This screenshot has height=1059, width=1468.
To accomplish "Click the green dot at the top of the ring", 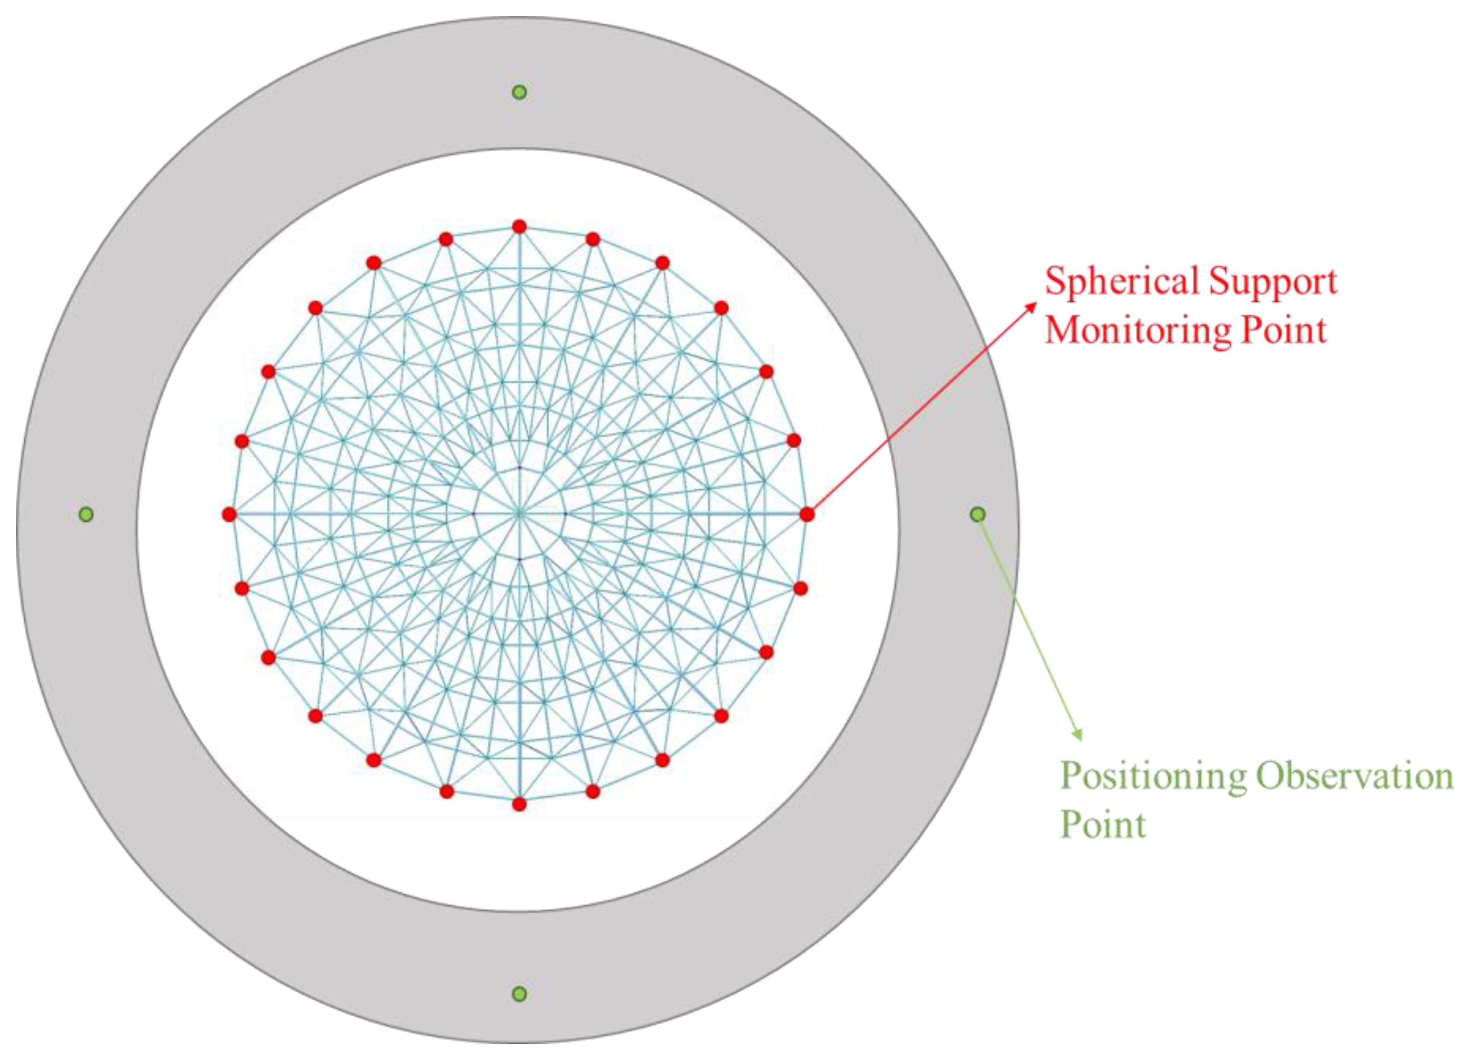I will (x=519, y=93).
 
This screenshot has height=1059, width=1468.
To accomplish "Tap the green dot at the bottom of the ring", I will (x=519, y=994).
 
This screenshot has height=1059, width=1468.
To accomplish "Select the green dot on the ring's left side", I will (x=85, y=514).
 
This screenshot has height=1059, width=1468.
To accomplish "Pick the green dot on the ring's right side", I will (x=978, y=514).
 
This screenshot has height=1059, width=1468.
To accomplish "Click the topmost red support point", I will (x=519, y=226).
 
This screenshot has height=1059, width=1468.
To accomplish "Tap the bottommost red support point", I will (x=519, y=804).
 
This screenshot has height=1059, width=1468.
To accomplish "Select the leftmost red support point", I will (x=229, y=514).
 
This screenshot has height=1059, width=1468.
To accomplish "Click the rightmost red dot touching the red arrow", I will (x=807, y=514).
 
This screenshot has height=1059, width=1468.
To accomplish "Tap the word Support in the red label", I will (x=1273, y=282).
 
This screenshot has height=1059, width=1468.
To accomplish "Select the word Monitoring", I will (x=1136, y=330).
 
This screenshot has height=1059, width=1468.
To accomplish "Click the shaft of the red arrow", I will (x=919, y=411).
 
